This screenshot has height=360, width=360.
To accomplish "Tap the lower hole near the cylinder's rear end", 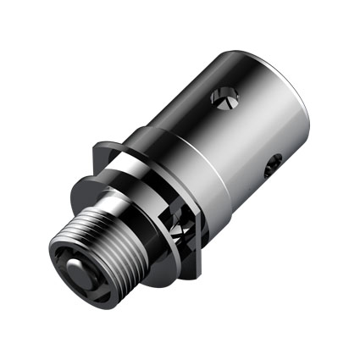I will pyautogui.click(x=270, y=168).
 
